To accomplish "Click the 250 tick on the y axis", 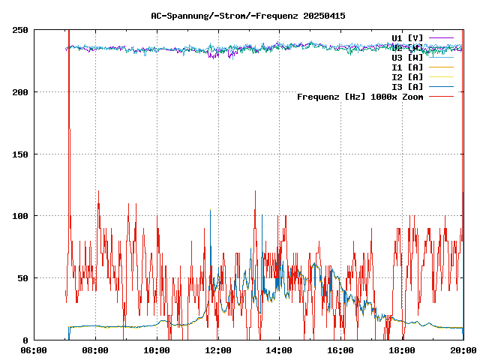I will tap(20, 30).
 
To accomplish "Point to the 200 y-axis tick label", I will tap(20, 92).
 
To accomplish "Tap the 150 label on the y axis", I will tap(20, 154).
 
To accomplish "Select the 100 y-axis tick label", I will tap(20, 216).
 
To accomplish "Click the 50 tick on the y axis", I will tap(22, 278).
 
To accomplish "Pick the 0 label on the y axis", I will tap(25, 340).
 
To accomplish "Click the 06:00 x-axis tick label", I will tap(34, 350).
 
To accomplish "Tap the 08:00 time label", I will tap(95, 350).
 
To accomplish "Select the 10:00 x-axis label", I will tap(157, 350).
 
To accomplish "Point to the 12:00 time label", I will tap(218, 350).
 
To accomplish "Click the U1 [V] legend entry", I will tap(407, 37).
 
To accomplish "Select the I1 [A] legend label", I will tap(407, 67).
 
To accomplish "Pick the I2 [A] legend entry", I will tap(407, 76).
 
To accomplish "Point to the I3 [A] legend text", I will tap(407, 86).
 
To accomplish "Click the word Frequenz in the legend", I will tap(318, 96).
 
